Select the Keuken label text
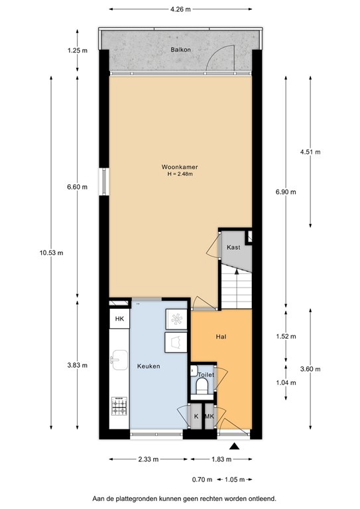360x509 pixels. (148, 366)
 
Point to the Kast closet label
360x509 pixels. (233, 247)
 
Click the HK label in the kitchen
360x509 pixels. (119, 319)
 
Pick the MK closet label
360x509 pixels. (209, 416)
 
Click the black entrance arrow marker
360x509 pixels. (233, 447)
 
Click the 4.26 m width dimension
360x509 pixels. (180, 10)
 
